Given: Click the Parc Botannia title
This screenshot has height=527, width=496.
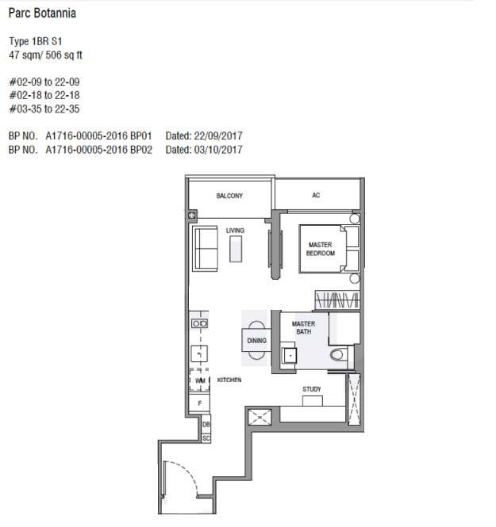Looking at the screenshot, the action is coord(42,13).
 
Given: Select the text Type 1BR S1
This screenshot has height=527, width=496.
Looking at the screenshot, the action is coord(36,41).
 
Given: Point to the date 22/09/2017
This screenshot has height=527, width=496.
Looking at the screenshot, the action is coord(218,136).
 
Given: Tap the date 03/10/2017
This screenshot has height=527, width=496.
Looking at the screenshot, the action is coord(218,150).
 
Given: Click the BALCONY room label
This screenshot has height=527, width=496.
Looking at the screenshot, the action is coord(229,196).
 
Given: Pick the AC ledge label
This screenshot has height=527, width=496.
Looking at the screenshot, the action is coord(316,195).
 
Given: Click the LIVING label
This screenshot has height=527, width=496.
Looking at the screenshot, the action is coord(235,231).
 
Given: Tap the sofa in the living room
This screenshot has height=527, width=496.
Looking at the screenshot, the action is coord(205,248).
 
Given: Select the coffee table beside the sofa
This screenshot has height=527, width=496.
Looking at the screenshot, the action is coord(236,249).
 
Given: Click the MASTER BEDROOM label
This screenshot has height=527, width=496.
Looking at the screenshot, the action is coord(321,249).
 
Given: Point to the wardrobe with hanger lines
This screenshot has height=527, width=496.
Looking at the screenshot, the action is coord(337,300).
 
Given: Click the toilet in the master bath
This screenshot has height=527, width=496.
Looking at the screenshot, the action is coord(339,354).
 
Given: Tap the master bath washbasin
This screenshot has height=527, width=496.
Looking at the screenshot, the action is coord(290,355).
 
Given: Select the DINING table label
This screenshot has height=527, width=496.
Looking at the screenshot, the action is coord(257,341).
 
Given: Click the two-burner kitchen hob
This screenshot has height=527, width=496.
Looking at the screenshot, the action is coord(199,323).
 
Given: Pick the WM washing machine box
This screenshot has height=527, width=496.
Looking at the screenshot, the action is coord(200,380).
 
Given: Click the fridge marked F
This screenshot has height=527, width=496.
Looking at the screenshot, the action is coord(199,403).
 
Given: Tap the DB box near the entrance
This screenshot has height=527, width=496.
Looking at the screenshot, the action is coord(206,425).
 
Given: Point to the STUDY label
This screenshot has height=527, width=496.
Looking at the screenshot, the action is coord(312,389).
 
